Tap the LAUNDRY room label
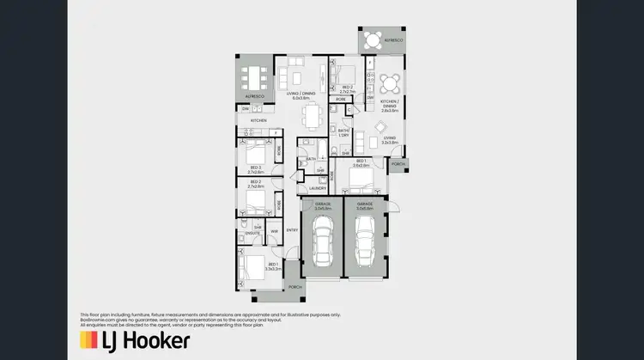317,188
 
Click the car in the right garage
365,242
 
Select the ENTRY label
292,229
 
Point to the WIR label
274,231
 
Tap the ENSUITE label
253,233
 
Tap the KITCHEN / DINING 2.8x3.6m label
391,108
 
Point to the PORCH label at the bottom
295,286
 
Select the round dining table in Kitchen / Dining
391,83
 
